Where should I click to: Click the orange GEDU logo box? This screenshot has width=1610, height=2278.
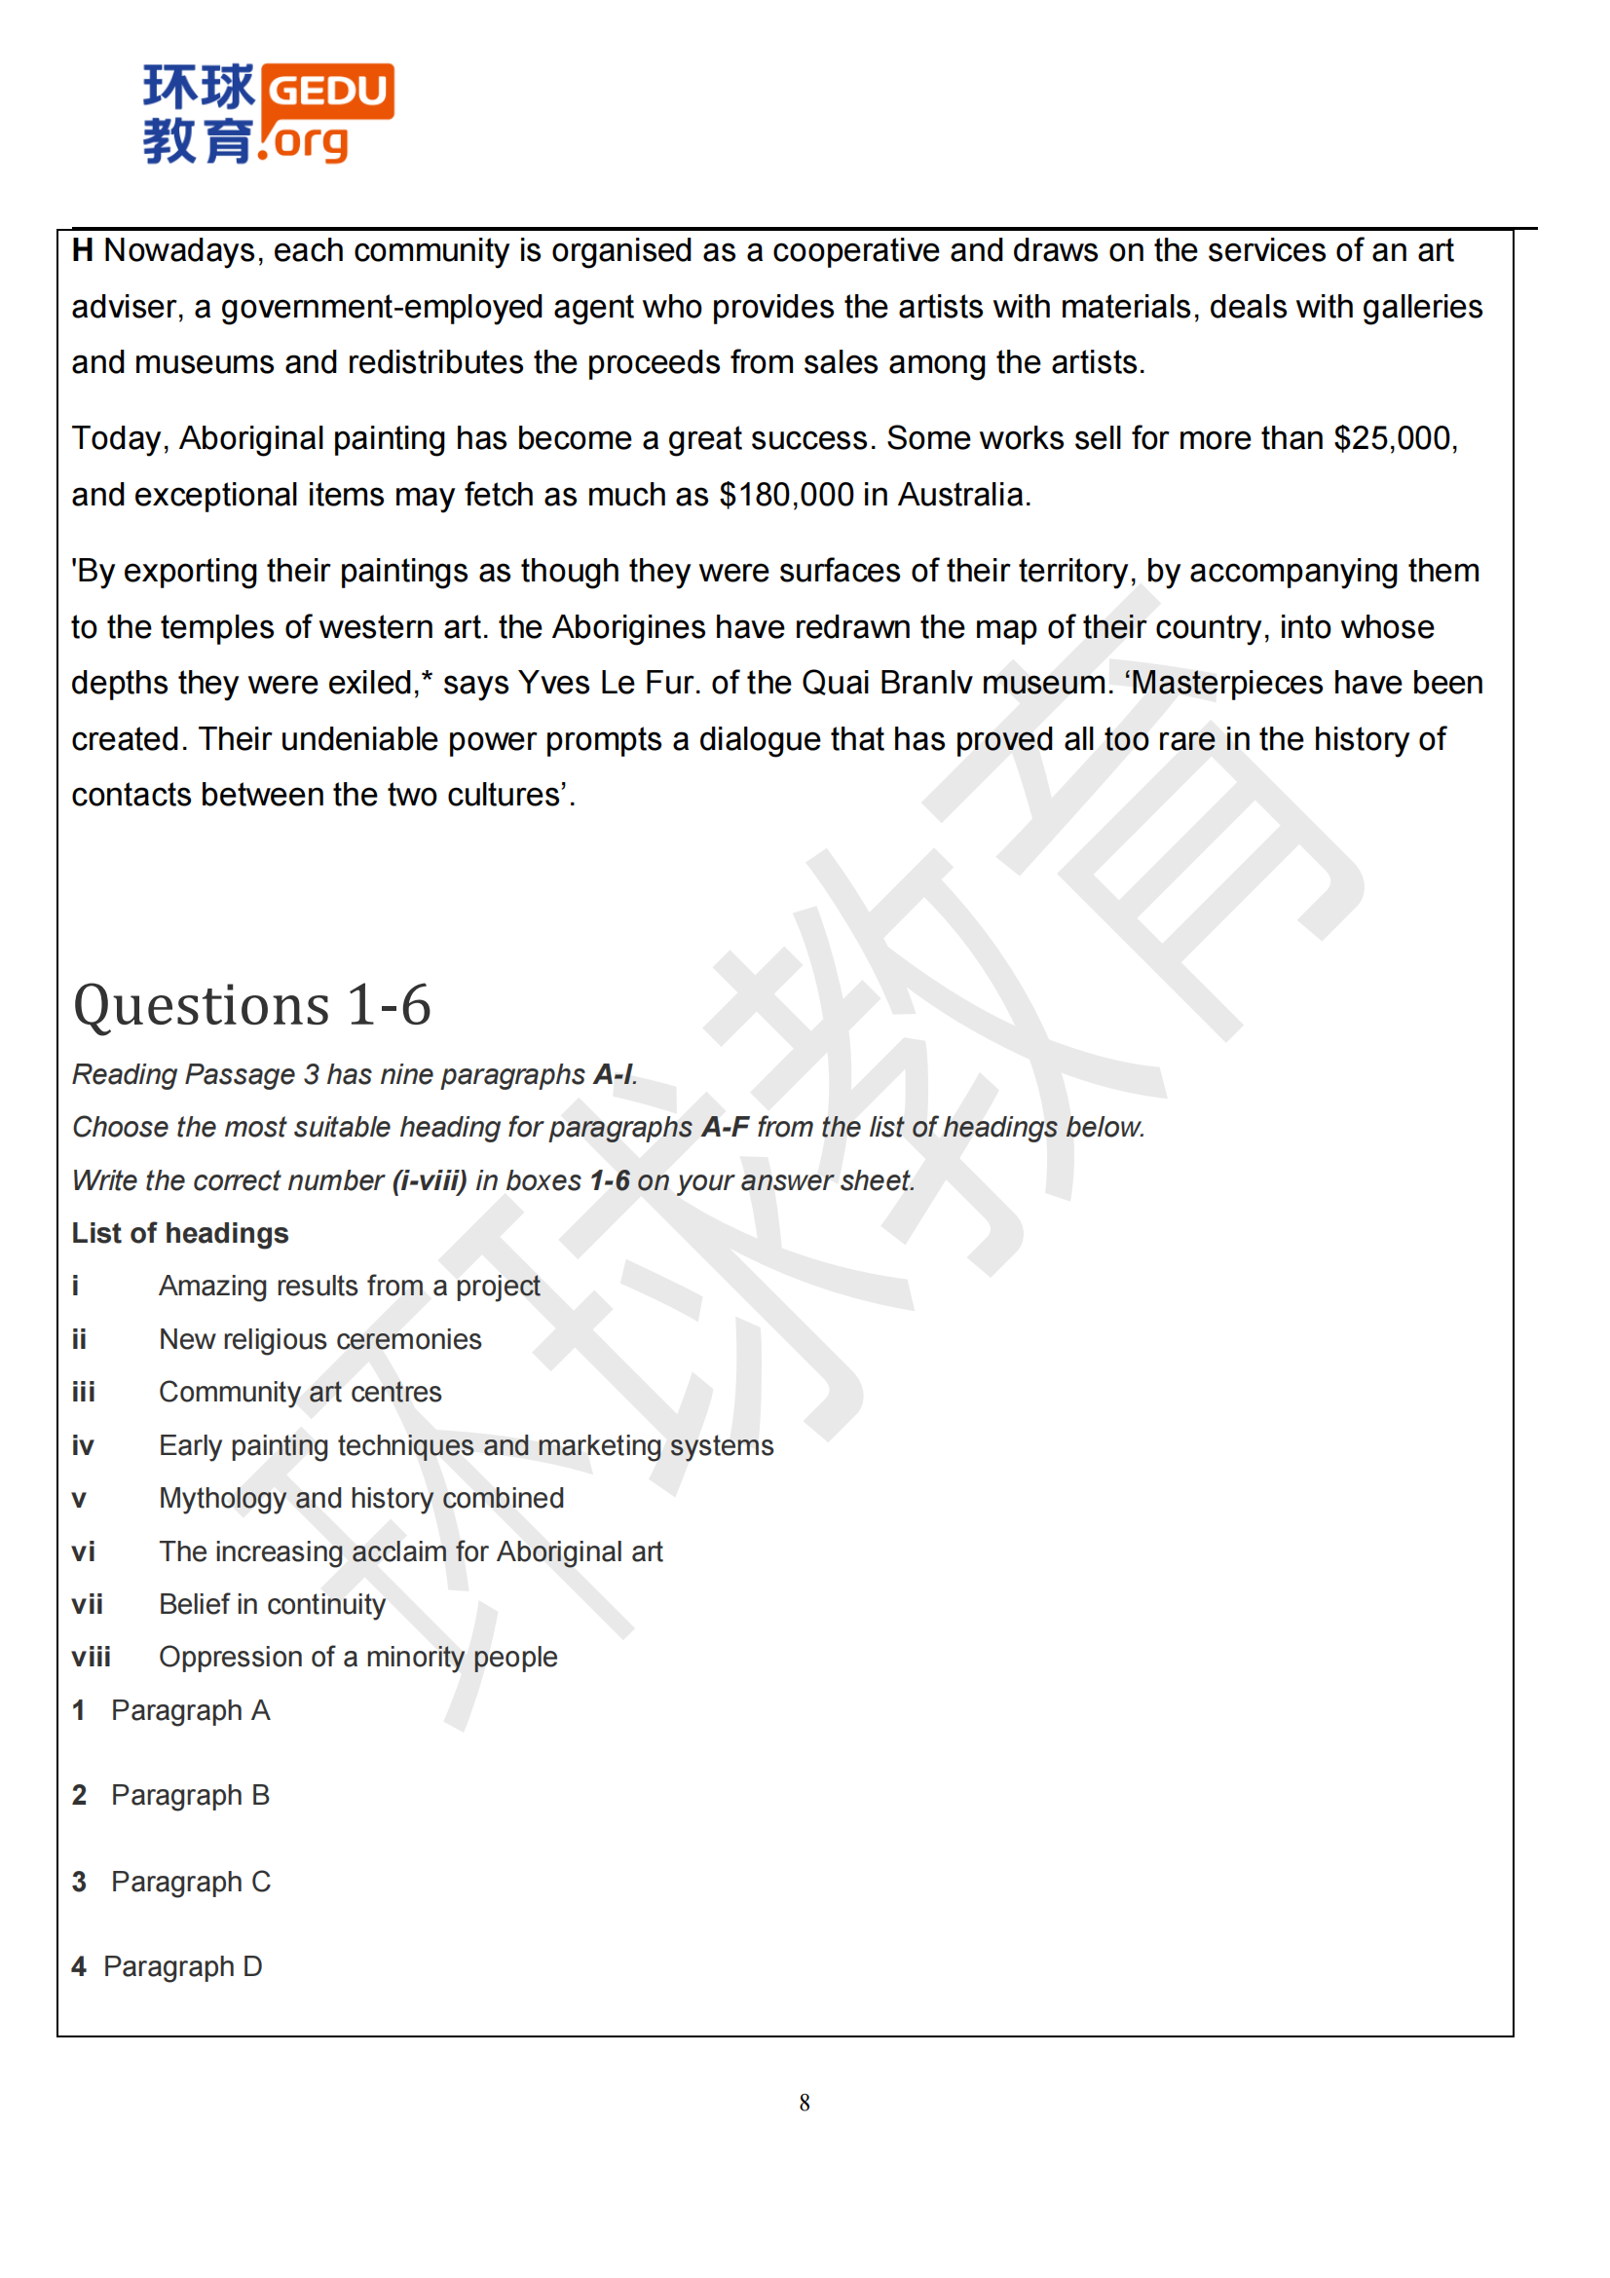point(327,92)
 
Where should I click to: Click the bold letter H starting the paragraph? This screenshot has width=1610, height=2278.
point(83,251)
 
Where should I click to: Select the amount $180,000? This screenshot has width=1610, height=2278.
point(786,495)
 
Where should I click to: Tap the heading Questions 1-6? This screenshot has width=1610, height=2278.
point(252,1005)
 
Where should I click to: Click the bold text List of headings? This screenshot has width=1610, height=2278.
point(179,1233)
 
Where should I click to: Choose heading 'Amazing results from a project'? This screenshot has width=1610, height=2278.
point(350,1287)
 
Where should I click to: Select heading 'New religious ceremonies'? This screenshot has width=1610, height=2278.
point(319,1339)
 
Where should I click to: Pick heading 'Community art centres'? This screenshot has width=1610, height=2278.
point(300,1393)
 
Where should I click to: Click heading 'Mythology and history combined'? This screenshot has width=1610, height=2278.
point(361,1499)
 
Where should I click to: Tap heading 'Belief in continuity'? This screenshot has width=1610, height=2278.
point(272,1605)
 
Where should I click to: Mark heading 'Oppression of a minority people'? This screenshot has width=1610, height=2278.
point(358,1658)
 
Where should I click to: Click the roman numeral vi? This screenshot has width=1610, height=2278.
point(84,1552)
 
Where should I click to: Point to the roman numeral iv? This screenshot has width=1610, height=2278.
point(83,1446)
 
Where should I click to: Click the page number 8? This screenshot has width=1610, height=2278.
point(805,2103)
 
